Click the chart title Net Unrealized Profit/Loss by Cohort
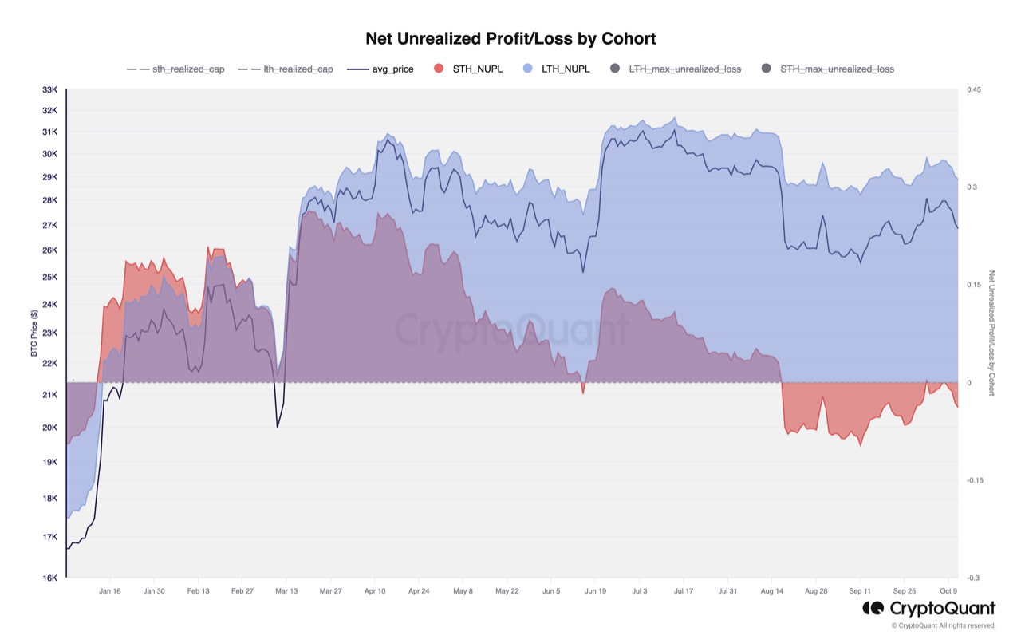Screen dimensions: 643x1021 (510, 38)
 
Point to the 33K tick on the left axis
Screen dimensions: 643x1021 (49, 90)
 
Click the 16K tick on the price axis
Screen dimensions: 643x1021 (49, 578)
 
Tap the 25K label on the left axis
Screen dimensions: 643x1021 (49, 278)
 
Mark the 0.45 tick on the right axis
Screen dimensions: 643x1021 (973, 90)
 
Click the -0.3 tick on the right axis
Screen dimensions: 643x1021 (973, 578)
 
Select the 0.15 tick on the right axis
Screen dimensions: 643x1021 (973, 285)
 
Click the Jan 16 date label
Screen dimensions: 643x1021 (110, 591)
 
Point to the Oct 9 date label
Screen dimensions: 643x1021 (947, 591)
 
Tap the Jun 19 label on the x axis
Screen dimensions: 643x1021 (595, 591)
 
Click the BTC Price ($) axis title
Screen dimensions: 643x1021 (34, 333)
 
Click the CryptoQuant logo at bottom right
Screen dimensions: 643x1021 (929, 609)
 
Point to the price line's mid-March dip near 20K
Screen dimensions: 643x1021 (277, 427)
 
